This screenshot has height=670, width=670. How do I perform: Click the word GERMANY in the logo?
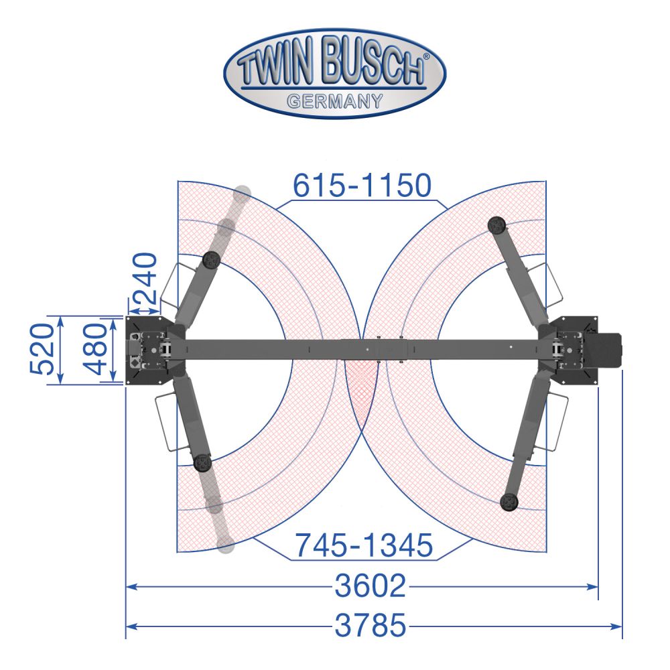tap(335, 101)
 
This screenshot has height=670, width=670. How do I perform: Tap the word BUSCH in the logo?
tap(373, 61)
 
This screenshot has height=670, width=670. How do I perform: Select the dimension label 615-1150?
tap(362, 186)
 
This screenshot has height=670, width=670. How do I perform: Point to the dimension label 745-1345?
tap(364, 545)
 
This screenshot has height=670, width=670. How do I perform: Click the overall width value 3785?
tap(370, 625)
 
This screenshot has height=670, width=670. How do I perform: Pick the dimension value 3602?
tap(370, 586)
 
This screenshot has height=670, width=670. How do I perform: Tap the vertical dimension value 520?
tap(43, 350)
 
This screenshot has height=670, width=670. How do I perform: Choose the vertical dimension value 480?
tap(95, 350)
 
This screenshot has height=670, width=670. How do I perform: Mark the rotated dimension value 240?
tap(145, 278)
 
